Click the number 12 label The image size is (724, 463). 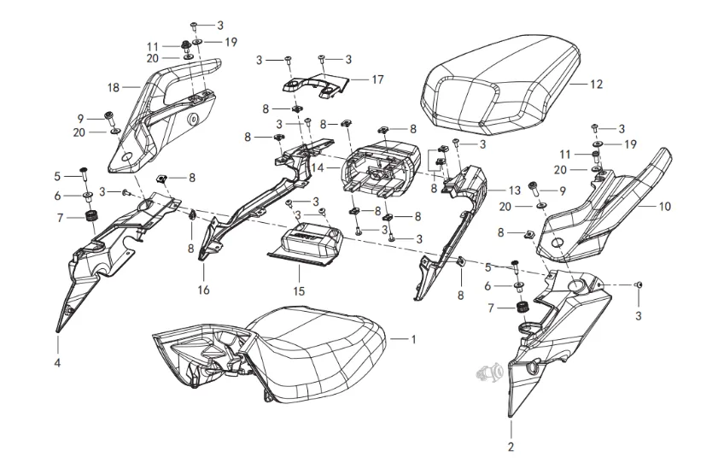pos(596,85)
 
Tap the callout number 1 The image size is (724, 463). pos(413,339)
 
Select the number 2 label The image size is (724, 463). pos(511,447)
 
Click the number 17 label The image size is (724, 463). pos(377,79)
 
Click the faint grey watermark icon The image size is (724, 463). pos(491,372)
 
